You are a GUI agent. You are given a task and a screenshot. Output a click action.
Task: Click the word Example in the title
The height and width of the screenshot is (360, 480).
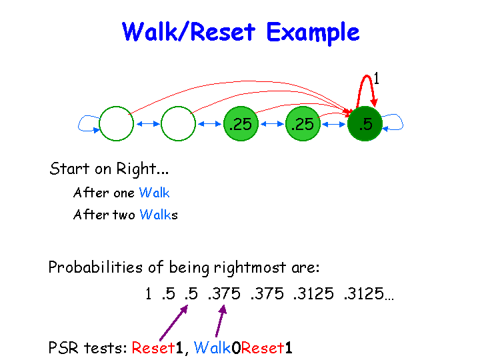312,32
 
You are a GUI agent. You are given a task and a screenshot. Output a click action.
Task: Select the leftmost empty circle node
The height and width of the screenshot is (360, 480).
116,123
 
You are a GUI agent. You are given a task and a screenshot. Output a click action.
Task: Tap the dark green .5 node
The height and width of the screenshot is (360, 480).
365,123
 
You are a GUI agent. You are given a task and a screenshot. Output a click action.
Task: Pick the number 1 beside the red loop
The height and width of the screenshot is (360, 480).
377,79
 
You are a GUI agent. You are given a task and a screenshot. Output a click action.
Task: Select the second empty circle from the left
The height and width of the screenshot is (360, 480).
178,123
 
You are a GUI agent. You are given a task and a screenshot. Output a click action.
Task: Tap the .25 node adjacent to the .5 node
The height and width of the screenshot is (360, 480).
303,123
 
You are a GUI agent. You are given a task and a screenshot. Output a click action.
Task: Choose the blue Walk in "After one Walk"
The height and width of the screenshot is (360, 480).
154,193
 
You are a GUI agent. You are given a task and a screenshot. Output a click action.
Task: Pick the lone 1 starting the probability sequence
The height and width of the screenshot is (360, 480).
148,294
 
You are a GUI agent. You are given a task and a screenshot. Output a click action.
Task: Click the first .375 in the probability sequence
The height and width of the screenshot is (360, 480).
224,294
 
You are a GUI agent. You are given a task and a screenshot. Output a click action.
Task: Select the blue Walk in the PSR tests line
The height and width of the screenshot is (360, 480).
212,347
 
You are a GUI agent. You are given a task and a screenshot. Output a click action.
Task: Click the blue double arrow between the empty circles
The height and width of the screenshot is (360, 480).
147,123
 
